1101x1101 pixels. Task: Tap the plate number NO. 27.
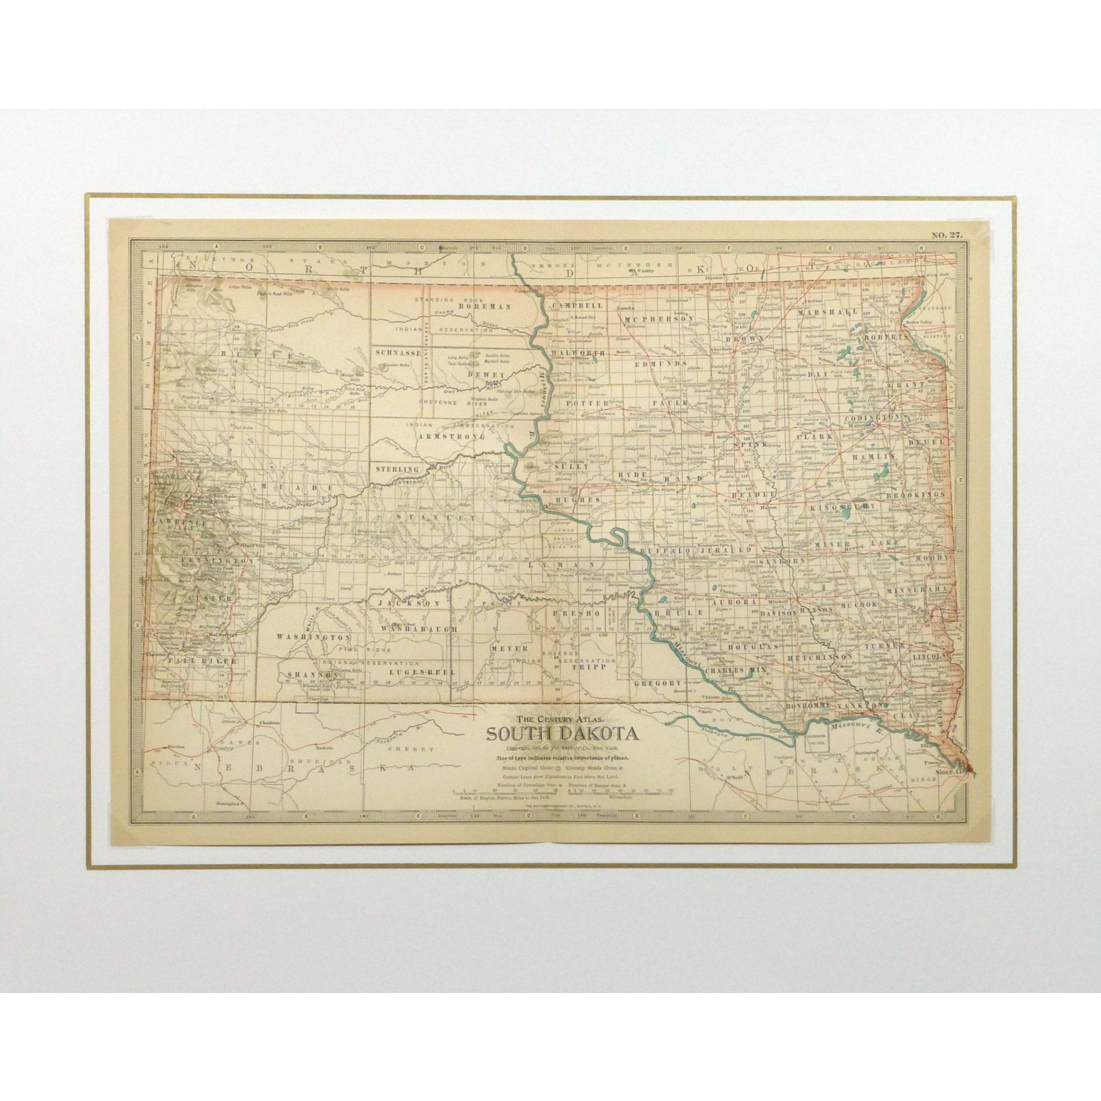947,235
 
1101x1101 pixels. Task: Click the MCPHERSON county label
659,319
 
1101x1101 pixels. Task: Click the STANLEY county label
421,516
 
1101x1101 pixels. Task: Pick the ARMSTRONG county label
451,436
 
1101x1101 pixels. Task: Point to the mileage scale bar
563,791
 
